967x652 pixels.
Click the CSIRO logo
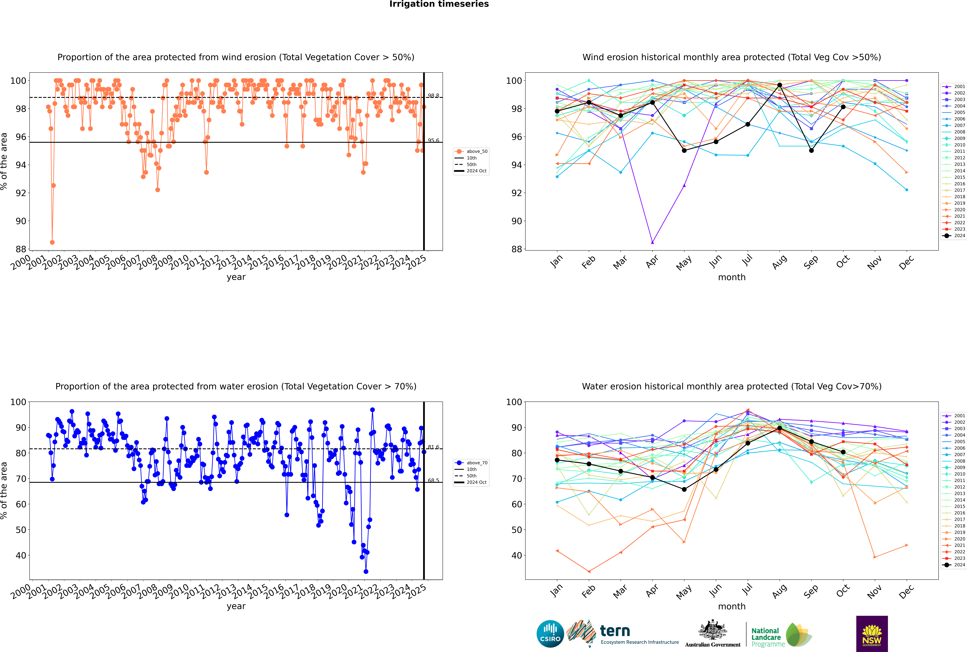point(550,634)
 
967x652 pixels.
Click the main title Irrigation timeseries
point(439,4)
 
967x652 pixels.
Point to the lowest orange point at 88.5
point(52,242)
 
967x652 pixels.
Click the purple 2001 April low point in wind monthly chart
point(652,242)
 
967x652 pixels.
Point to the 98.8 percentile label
point(433,96)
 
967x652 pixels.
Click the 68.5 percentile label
point(433,480)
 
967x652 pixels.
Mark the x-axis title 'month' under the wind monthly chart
point(732,277)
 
